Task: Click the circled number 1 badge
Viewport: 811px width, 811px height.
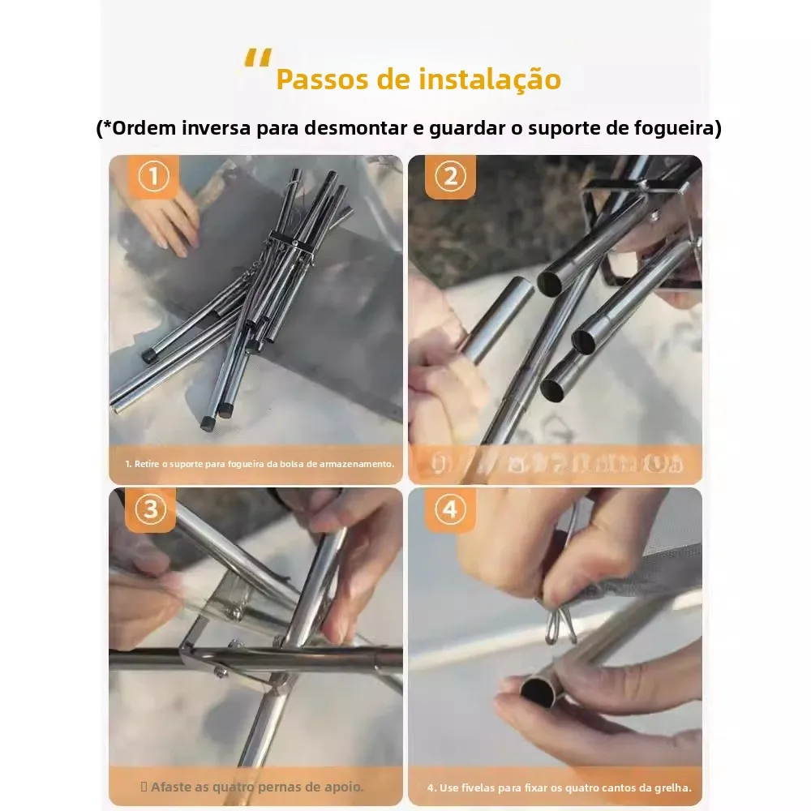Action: [x=154, y=177]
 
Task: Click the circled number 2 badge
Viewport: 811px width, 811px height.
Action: [x=451, y=177]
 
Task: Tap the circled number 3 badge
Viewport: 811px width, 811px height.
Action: [x=150, y=510]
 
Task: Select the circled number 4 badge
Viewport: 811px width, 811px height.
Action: [x=451, y=510]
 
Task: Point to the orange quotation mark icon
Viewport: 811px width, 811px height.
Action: [x=259, y=59]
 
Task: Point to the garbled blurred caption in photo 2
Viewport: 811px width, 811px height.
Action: [x=556, y=464]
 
